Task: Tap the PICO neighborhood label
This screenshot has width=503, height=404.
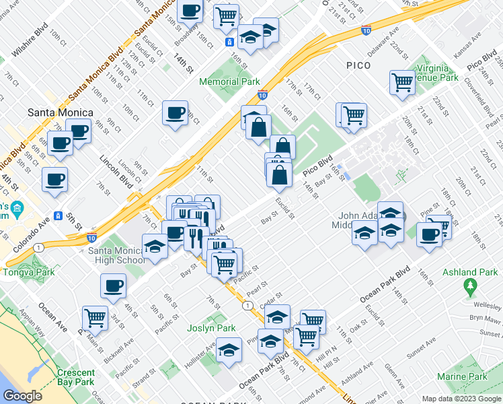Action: click(x=363, y=65)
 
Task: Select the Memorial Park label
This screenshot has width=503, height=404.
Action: click(x=229, y=81)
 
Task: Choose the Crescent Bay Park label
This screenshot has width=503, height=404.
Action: click(x=75, y=378)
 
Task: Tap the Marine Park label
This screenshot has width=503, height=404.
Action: click(x=461, y=376)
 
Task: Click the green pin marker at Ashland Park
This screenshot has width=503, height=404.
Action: click(x=470, y=288)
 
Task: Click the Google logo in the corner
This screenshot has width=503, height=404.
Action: click(x=23, y=396)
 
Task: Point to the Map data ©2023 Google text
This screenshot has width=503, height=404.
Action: click(x=461, y=399)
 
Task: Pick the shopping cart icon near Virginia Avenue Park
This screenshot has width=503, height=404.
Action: click(x=401, y=81)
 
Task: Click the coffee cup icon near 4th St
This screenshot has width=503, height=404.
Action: click(x=113, y=285)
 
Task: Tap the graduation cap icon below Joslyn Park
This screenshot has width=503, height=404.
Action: click(x=229, y=350)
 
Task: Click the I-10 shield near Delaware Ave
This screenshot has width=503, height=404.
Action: click(x=365, y=30)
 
